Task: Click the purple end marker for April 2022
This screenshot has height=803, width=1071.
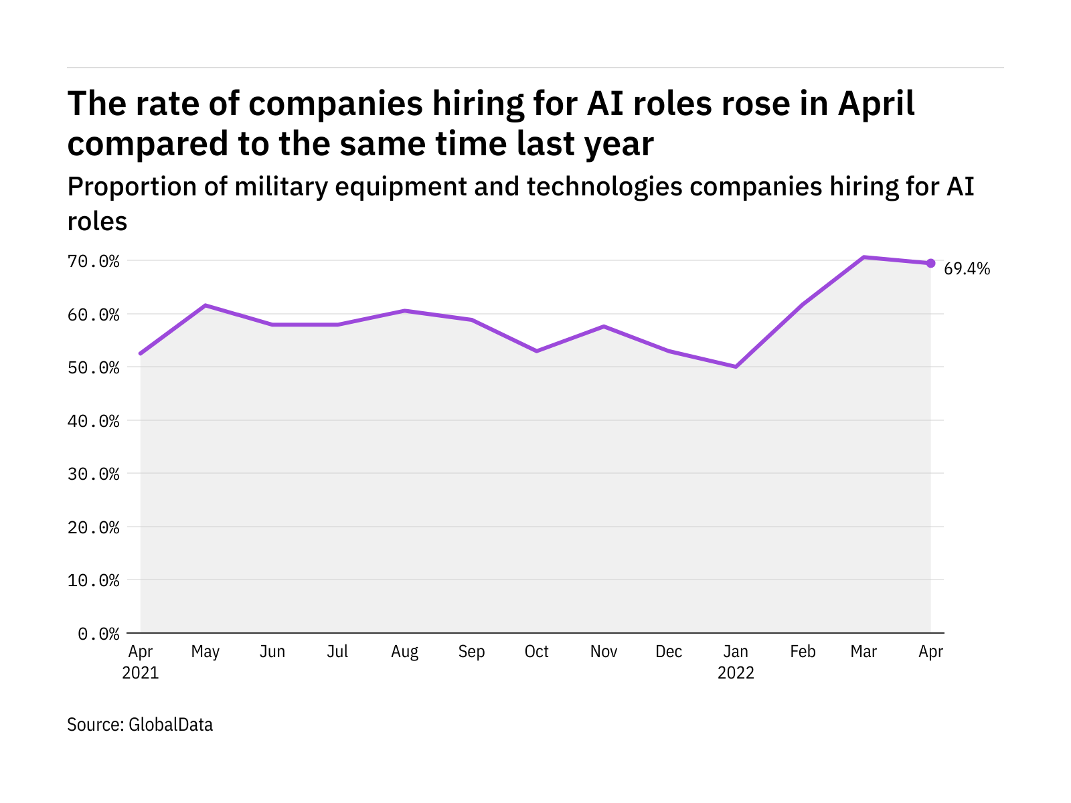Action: (930, 263)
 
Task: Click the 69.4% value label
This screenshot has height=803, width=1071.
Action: (967, 269)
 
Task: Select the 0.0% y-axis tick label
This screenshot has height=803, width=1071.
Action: (98, 634)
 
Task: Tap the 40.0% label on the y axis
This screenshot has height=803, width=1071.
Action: (94, 421)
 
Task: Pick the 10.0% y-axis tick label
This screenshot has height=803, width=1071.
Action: (94, 580)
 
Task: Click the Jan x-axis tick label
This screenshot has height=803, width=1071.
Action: (736, 652)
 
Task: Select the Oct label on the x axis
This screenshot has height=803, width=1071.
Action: (537, 652)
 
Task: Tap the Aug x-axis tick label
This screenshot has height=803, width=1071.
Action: (404, 652)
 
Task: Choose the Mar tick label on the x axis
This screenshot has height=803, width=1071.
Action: (863, 652)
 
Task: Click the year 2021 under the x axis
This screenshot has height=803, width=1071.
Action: (141, 673)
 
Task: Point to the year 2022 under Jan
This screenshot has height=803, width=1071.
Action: (736, 673)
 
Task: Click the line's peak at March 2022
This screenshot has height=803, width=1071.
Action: (864, 257)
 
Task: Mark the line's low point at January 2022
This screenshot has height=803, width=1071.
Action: (736, 367)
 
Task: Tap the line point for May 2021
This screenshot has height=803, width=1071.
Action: (205, 305)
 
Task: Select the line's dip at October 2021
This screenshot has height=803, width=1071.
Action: (537, 351)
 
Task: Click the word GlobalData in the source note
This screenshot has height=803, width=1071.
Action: (171, 725)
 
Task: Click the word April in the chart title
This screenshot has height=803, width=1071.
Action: (876, 104)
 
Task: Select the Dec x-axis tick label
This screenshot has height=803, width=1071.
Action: (669, 652)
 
